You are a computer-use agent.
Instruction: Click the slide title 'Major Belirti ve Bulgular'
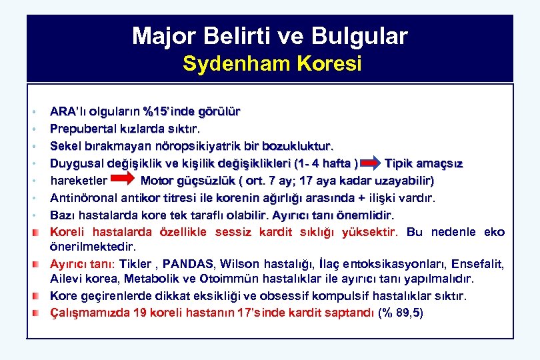pos(269,35)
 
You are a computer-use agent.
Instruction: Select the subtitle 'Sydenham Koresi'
pos(272,64)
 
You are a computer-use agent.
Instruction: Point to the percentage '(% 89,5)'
pos(400,313)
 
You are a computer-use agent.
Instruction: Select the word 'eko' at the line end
pos(494,233)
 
